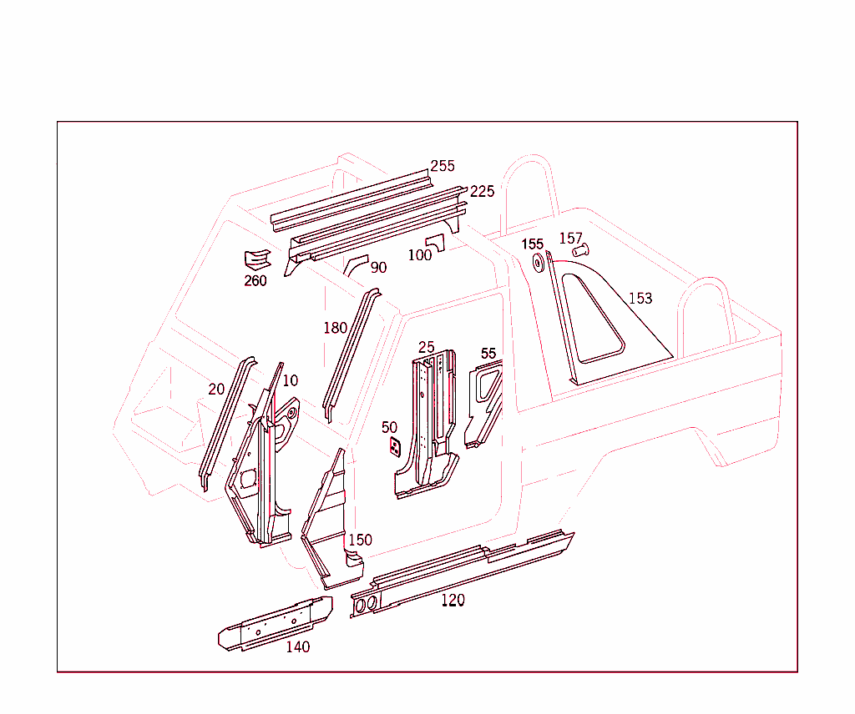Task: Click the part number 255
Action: pos(443,166)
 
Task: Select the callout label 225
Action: pos(482,191)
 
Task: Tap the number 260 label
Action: pos(255,280)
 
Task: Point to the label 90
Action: pos(378,268)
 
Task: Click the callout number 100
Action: pos(420,255)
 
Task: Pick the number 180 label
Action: pos(335,328)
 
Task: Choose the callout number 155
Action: pos(533,244)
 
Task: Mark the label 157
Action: pos(570,239)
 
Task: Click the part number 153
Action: pos(640,298)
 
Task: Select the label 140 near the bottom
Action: pos(297,646)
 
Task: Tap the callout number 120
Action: pos(453,600)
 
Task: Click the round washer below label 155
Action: pos(538,264)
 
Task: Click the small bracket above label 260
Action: pos(256,259)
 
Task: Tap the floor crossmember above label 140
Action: pos(276,621)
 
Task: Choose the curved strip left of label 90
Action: pos(354,266)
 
